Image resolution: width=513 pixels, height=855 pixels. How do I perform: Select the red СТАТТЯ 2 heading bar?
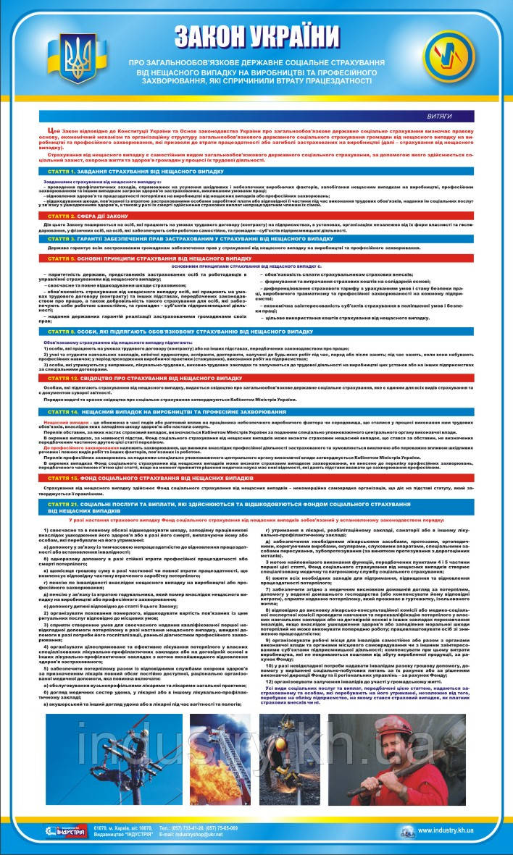(256, 216)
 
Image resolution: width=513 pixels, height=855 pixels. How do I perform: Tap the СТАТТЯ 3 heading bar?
(256, 237)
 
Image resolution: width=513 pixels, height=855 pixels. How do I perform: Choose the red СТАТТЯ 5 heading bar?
(256, 258)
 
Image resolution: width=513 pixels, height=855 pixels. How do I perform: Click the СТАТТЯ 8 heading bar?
(256, 331)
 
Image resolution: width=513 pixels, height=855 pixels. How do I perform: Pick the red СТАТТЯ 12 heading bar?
(256, 378)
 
